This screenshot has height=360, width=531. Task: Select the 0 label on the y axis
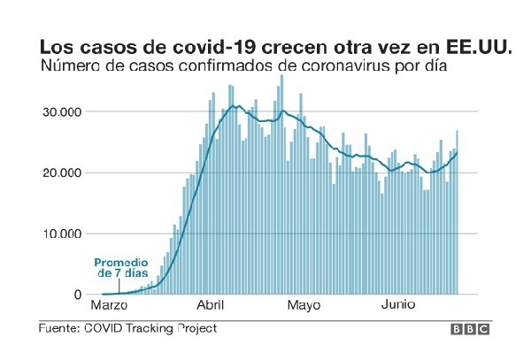77,295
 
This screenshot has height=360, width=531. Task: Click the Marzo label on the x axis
110,306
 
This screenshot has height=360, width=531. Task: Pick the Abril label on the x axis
210,306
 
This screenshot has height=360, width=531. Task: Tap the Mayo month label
304,306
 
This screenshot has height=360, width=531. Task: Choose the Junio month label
398,306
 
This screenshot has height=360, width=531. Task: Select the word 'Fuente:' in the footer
58,328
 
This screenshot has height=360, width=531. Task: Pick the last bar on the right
457,212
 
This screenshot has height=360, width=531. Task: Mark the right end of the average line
457,153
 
